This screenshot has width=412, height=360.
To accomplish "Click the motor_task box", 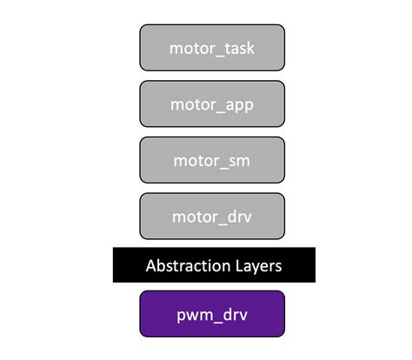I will coord(212,48).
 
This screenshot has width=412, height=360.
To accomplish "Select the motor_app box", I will coord(212,103).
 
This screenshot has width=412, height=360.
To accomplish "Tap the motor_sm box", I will coord(212,159).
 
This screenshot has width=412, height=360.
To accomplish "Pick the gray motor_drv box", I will coord(212,215).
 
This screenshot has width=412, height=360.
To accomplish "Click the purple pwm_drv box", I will coord(212,313).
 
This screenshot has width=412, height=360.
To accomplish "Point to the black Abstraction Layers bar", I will coord(212,264).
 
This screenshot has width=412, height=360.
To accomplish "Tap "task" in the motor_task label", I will coord(239,48).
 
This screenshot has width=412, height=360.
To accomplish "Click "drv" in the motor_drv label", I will coord(238,215).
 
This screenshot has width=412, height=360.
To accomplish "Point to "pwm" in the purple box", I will coord(193,313).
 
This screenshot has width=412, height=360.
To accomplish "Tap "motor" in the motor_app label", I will coord(192,103).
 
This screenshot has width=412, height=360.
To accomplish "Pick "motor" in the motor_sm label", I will coord(195,159).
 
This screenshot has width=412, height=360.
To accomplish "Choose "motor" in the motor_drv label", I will coord(193,215).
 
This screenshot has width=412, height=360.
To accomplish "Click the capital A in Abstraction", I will coord(150,264).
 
